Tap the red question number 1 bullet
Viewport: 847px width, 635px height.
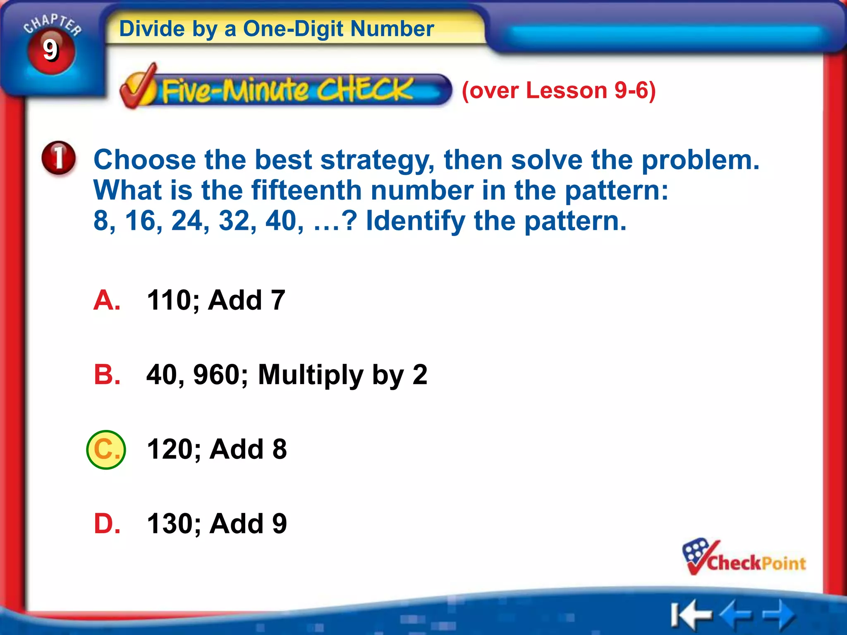tap(59, 158)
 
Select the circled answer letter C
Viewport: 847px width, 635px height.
tap(106, 450)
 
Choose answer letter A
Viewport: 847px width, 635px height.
tap(107, 300)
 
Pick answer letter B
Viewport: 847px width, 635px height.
tap(107, 375)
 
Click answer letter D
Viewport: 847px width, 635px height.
tap(107, 524)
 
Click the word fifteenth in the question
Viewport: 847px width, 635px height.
tap(306, 191)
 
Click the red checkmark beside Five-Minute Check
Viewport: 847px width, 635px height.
tap(139, 86)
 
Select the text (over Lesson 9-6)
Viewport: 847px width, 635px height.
tap(558, 91)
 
